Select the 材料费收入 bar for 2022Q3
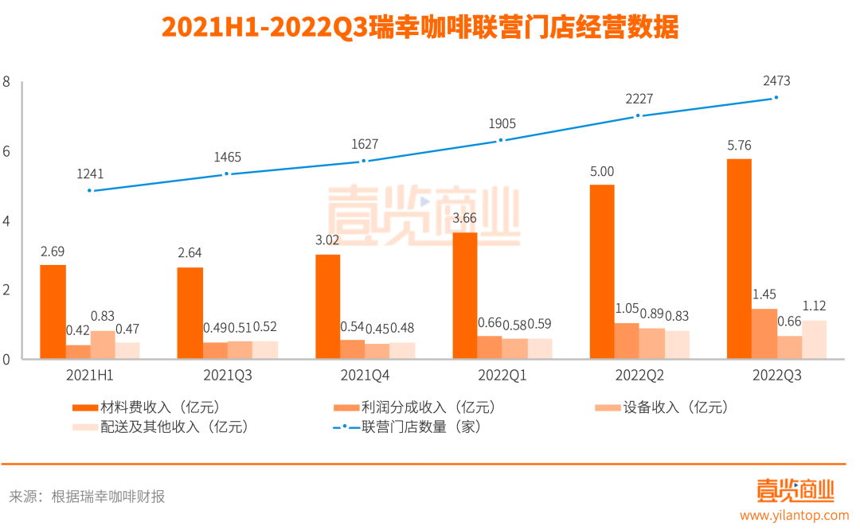(739, 259)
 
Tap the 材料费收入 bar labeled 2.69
(53, 312)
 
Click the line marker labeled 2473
(776, 98)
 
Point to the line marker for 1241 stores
(90, 191)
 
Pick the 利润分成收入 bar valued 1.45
(764, 333)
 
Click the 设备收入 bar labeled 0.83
(103, 345)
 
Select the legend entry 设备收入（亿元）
(662, 407)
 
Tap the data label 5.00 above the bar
(601, 171)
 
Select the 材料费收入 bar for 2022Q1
(464, 295)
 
